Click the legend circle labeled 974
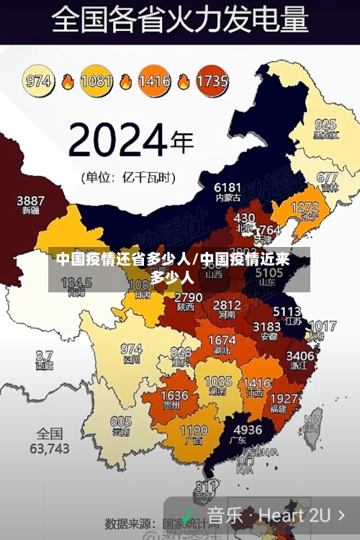[x=39, y=81]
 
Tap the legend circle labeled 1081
[x=96, y=81]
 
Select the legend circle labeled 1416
[x=154, y=81]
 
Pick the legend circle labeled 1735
[x=212, y=81]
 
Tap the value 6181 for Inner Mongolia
[x=228, y=187]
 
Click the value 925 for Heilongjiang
[x=325, y=124]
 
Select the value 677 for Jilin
[x=327, y=177]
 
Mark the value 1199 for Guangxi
[x=193, y=431]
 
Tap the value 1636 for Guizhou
[x=174, y=396]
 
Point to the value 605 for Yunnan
[x=121, y=422]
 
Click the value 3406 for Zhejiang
[x=300, y=356]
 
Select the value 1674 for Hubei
[x=222, y=340]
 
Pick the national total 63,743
[x=50, y=448]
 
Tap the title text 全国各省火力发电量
[x=180, y=20]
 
